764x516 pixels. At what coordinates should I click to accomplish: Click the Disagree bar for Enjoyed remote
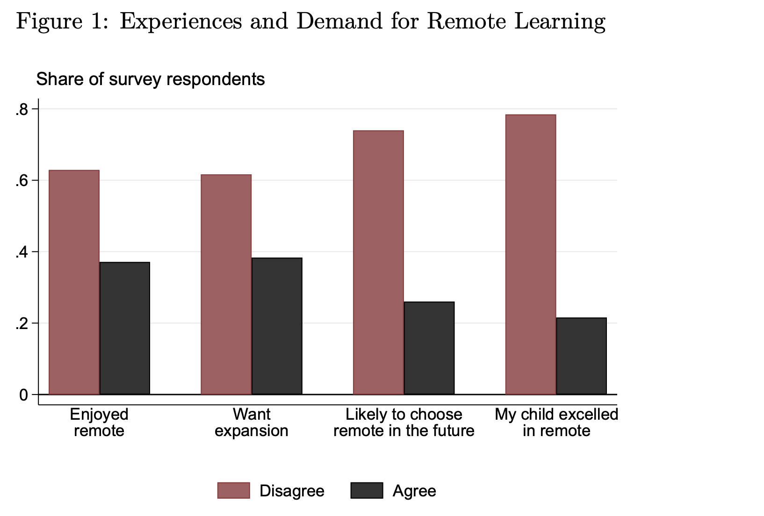coord(74,282)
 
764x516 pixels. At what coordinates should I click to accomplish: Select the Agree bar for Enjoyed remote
coord(125,328)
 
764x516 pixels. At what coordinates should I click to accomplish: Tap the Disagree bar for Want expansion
coord(226,285)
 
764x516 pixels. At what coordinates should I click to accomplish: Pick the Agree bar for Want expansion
coord(277,326)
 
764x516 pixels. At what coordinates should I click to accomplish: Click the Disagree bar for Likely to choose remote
coord(378,263)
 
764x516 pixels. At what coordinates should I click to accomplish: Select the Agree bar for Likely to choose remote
coord(429,348)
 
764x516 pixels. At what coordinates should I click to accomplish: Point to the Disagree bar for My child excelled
coord(531,255)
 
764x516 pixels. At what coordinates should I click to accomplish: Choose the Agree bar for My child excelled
coord(581,356)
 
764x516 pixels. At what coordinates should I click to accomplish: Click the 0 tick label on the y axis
coord(23,395)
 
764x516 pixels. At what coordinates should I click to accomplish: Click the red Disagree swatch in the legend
coord(233,491)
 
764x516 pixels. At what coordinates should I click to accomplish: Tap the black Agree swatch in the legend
coord(367,491)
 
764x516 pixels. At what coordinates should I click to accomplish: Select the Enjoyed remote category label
coord(99,422)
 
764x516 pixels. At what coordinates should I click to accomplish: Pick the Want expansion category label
coord(252,422)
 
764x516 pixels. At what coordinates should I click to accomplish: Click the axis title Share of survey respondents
coord(151,79)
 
